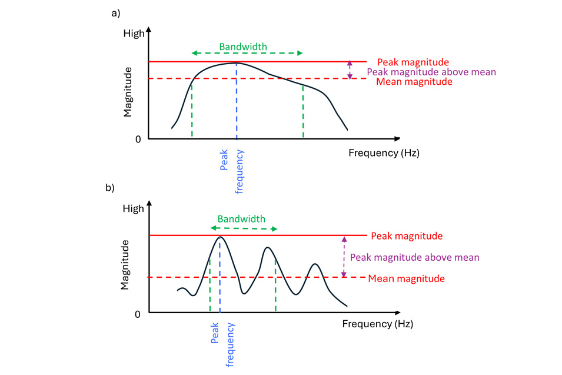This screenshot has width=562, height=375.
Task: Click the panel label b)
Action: click(x=110, y=188)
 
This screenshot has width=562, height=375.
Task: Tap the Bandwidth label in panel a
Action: click(x=243, y=47)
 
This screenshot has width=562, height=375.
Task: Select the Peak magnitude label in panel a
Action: click(x=413, y=62)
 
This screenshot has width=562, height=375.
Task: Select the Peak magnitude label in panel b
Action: click(x=406, y=236)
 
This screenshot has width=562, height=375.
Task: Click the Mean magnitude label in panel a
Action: click(x=414, y=82)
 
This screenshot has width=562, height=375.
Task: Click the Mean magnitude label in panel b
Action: click(x=406, y=278)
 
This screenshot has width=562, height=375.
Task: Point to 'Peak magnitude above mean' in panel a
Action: click(x=431, y=72)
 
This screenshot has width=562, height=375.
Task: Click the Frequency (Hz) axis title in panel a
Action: click(x=384, y=153)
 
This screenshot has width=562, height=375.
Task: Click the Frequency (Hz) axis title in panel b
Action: click(x=377, y=324)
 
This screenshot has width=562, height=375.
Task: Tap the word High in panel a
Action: click(x=134, y=34)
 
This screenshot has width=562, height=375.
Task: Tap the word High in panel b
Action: click(x=132, y=208)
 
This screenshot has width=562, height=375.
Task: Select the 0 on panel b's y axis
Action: click(x=138, y=314)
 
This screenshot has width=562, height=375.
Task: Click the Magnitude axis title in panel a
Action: click(x=128, y=91)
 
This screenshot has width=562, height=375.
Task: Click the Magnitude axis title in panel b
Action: click(x=125, y=265)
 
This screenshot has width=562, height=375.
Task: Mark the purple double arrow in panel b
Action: click(x=344, y=257)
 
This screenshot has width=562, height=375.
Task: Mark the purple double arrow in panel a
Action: click(x=350, y=70)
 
